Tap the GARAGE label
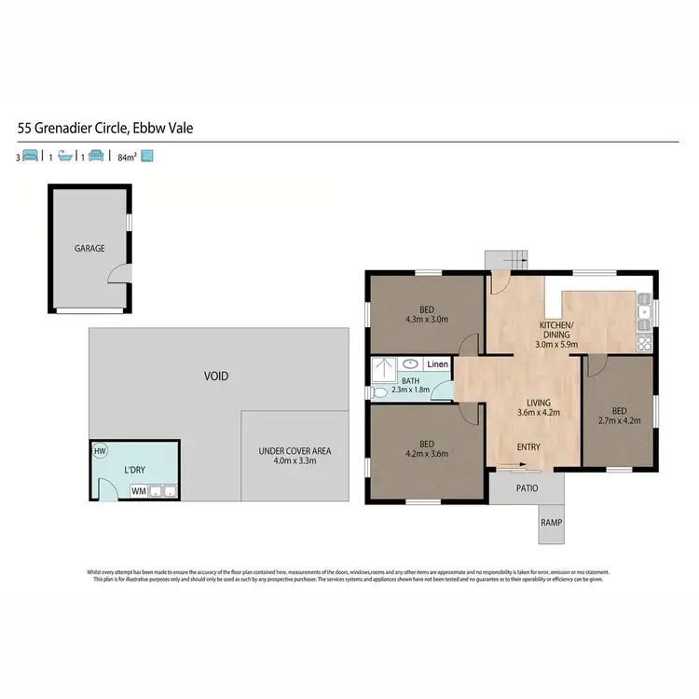(89, 249)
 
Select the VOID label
(216, 377)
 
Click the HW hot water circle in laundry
(101, 452)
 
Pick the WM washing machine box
(138, 491)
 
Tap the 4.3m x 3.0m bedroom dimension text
(426, 320)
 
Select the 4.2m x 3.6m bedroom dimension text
(426, 455)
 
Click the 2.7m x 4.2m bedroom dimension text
(620, 419)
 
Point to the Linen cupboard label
(437, 364)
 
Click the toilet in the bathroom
(377, 394)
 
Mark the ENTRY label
(528, 447)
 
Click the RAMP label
(550, 523)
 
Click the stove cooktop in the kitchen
(643, 343)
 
